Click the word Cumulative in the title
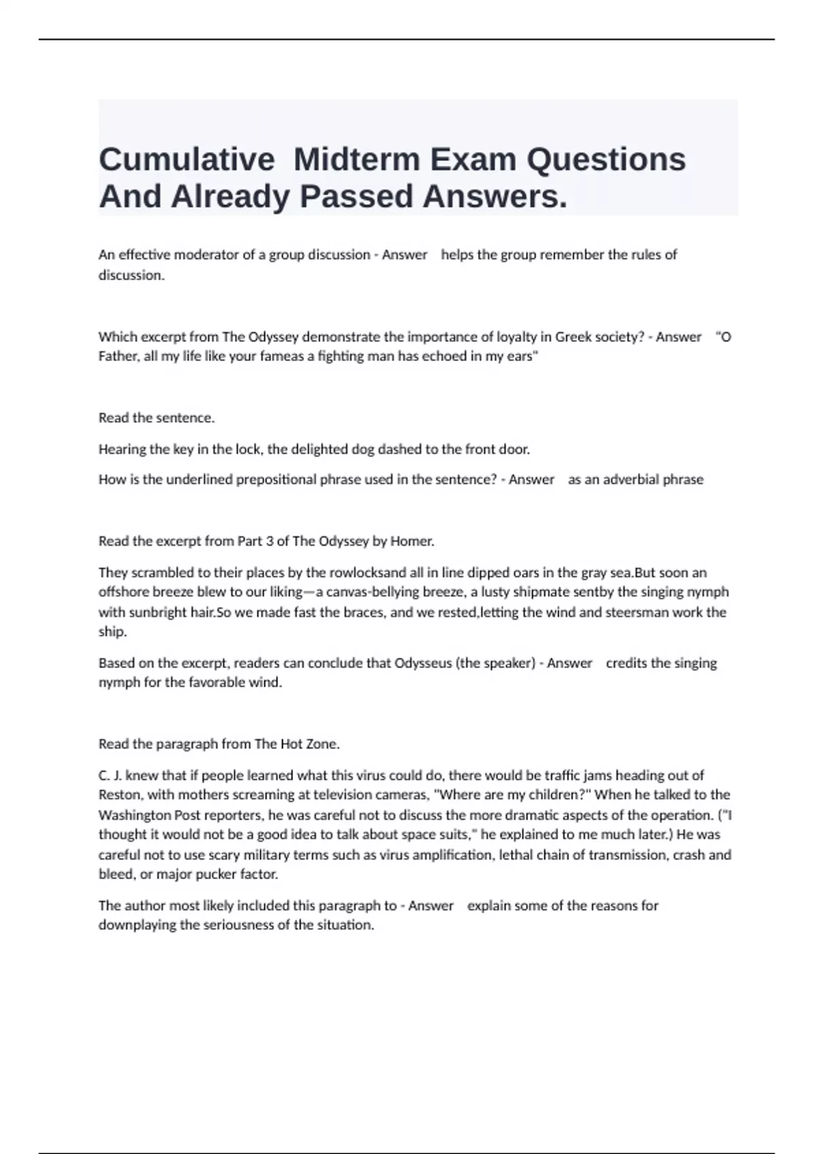(187, 160)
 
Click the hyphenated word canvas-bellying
(374, 592)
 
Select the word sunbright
(157, 612)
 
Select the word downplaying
(138, 925)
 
